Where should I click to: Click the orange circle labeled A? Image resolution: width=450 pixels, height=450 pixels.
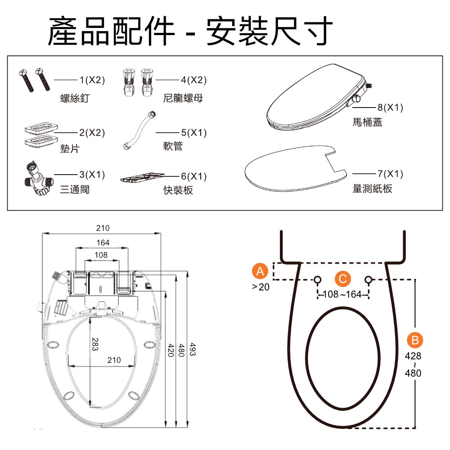[x=259, y=271]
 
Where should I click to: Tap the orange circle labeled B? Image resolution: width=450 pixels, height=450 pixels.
[x=414, y=341]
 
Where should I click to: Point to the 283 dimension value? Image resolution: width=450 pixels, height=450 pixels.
[x=94, y=344]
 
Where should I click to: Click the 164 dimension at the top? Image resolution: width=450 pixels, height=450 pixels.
[x=103, y=243]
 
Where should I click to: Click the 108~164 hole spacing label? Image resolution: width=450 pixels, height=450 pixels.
[x=343, y=295]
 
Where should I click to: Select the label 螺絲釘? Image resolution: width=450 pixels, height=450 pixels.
[x=75, y=98]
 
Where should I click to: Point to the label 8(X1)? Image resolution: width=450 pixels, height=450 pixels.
[x=390, y=108]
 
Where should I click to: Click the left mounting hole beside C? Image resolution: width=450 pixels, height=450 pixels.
[x=317, y=279]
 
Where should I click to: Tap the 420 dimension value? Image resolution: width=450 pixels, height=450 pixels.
[x=171, y=350]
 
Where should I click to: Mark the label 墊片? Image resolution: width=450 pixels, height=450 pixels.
[x=70, y=149]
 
